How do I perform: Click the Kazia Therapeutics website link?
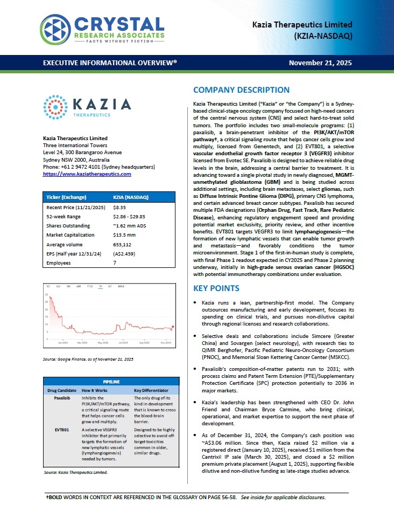click(x=87, y=174)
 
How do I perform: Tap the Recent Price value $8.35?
click(x=119, y=207)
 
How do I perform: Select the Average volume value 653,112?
click(x=122, y=244)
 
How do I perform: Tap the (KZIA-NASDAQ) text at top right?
click(x=323, y=36)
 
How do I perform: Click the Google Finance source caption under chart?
click(x=88, y=359)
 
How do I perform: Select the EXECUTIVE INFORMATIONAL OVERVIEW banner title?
click(x=110, y=63)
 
